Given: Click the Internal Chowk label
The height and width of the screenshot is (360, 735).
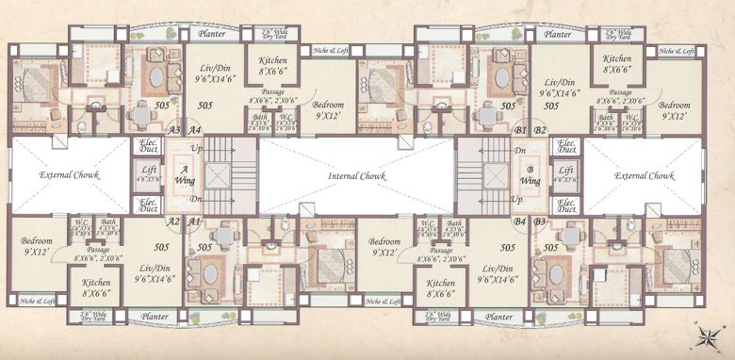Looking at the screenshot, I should coord(356,176).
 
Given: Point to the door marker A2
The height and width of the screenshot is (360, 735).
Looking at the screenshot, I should coord(173,221).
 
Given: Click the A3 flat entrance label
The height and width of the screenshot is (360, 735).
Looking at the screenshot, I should coord(173,130).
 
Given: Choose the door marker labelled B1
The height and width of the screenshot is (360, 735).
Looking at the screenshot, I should coord(519,130).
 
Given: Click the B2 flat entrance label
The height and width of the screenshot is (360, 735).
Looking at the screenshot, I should coord(541,130).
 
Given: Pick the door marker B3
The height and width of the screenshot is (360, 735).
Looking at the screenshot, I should coord(541,221).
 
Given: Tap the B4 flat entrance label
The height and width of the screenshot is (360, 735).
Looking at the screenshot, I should coord(519,221).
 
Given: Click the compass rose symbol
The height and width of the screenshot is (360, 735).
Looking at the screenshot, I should coord(709,334).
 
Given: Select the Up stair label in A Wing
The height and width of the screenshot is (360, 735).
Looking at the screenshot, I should coord(196,150).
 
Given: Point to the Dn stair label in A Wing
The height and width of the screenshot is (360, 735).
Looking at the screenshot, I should coord(196,200).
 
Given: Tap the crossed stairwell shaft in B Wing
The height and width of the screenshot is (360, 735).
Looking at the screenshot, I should coord(494,175).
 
